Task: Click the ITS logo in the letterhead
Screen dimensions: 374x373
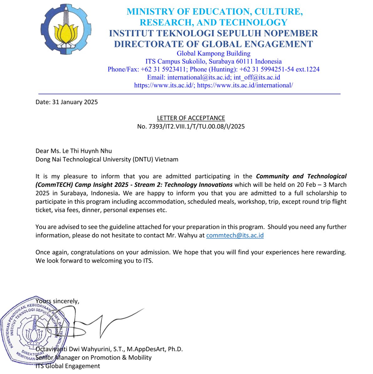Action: click(x=65, y=29)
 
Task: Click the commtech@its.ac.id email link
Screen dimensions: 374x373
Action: click(x=235, y=235)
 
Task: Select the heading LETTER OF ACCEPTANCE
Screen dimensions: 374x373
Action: click(x=191, y=118)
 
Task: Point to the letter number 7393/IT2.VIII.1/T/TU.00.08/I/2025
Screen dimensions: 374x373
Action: click(x=191, y=126)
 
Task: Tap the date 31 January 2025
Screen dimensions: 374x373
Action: click(x=74, y=102)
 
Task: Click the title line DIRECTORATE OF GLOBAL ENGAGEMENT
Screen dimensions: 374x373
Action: click(x=213, y=44)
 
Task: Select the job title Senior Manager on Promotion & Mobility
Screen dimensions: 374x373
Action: click(x=93, y=358)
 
